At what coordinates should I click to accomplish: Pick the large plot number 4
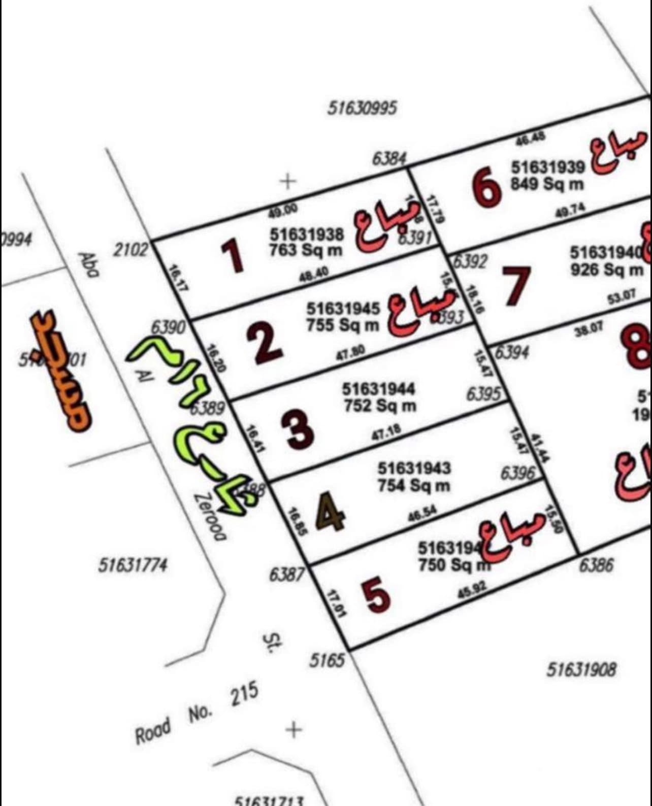(x=331, y=514)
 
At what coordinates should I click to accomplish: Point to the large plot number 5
(x=376, y=595)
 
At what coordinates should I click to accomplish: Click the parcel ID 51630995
(x=362, y=108)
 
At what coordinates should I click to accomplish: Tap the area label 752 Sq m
(x=380, y=406)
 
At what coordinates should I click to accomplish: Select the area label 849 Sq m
(x=547, y=184)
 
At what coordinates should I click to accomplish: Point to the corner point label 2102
(x=131, y=250)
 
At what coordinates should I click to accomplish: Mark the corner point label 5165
(x=328, y=660)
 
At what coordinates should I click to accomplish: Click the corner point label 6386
(x=597, y=565)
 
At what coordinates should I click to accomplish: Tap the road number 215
(x=245, y=695)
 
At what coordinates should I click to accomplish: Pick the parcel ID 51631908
(x=581, y=670)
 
